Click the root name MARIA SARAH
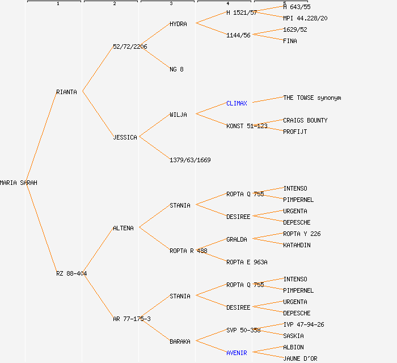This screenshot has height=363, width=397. (x=19, y=183)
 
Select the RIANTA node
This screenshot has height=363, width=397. (x=66, y=92)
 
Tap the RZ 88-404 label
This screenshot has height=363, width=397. (x=71, y=273)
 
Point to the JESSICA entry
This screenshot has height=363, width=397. (x=125, y=137)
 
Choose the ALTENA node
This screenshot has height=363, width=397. (x=123, y=228)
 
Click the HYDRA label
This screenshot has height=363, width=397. (x=178, y=24)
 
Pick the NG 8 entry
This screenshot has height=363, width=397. (x=176, y=69)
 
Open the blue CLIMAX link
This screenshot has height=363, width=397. (x=236, y=103)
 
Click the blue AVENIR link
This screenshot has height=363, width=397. (x=236, y=353)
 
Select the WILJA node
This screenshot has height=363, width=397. (x=178, y=115)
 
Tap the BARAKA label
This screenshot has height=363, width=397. (x=180, y=341)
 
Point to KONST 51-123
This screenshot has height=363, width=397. (x=247, y=126)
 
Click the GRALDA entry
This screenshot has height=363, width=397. (x=236, y=239)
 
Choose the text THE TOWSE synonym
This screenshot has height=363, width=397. (x=312, y=98)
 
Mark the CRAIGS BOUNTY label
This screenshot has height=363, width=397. (x=305, y=120)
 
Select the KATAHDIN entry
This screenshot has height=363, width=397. (x=297, y=245)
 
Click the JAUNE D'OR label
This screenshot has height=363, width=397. (x=300, y=358)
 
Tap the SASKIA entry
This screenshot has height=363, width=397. (x=293, y=336)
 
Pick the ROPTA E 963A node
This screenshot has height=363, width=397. (x=247, y=262)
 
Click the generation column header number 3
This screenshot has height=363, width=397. (x=171, y=4)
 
